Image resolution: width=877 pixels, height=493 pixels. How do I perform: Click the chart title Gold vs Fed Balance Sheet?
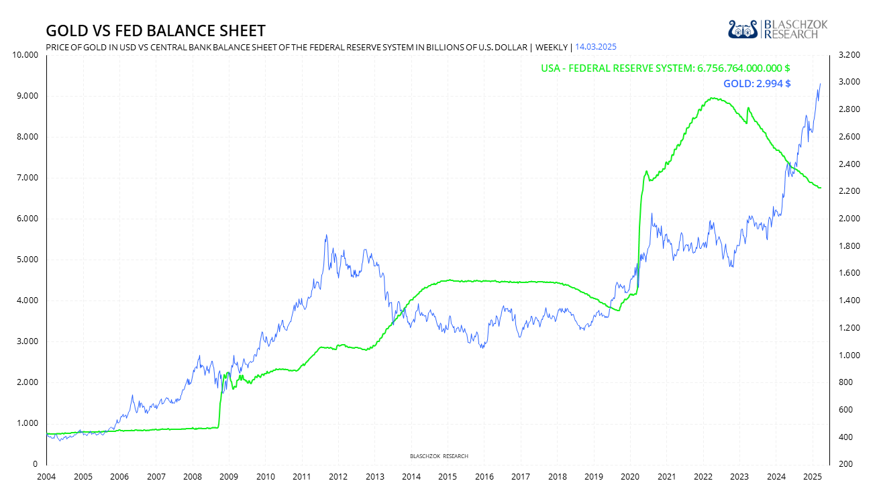click(x=155, y=31)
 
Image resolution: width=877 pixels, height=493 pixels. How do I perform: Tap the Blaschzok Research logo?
click(x=778, y=29)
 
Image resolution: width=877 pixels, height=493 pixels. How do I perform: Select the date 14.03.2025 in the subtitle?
click(x=596, y=47)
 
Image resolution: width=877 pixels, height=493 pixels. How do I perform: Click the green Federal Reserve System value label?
click(x=666, y=68)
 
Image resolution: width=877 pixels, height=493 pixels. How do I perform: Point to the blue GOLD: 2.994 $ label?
click(x=756, y=84)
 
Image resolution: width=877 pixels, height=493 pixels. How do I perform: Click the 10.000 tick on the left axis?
click(x=26, y=55)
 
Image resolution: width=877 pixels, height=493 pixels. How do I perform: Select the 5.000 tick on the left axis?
click(x=29, y=260)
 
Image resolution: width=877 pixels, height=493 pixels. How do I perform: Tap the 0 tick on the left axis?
click(x=34, y=464)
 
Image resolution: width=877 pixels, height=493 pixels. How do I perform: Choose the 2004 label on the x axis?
click(x=46, y=476)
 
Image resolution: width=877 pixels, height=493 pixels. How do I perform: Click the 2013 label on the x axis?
click(x=374, y=476)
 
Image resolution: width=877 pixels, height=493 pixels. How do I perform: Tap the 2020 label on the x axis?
click(x=630, y=476)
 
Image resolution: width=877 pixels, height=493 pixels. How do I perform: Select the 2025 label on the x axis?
click(x=812, y=476)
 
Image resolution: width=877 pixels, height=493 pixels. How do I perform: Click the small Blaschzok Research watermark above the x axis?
click(x=439, y=456)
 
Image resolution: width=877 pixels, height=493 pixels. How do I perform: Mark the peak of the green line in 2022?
click(x=712, y=98)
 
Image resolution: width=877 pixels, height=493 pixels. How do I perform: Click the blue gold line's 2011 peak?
click(x=326, y=235)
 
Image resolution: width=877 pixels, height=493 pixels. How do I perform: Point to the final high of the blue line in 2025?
click(x=820, y=84)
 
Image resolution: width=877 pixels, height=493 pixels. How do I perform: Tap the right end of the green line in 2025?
click(x=821, y=188)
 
